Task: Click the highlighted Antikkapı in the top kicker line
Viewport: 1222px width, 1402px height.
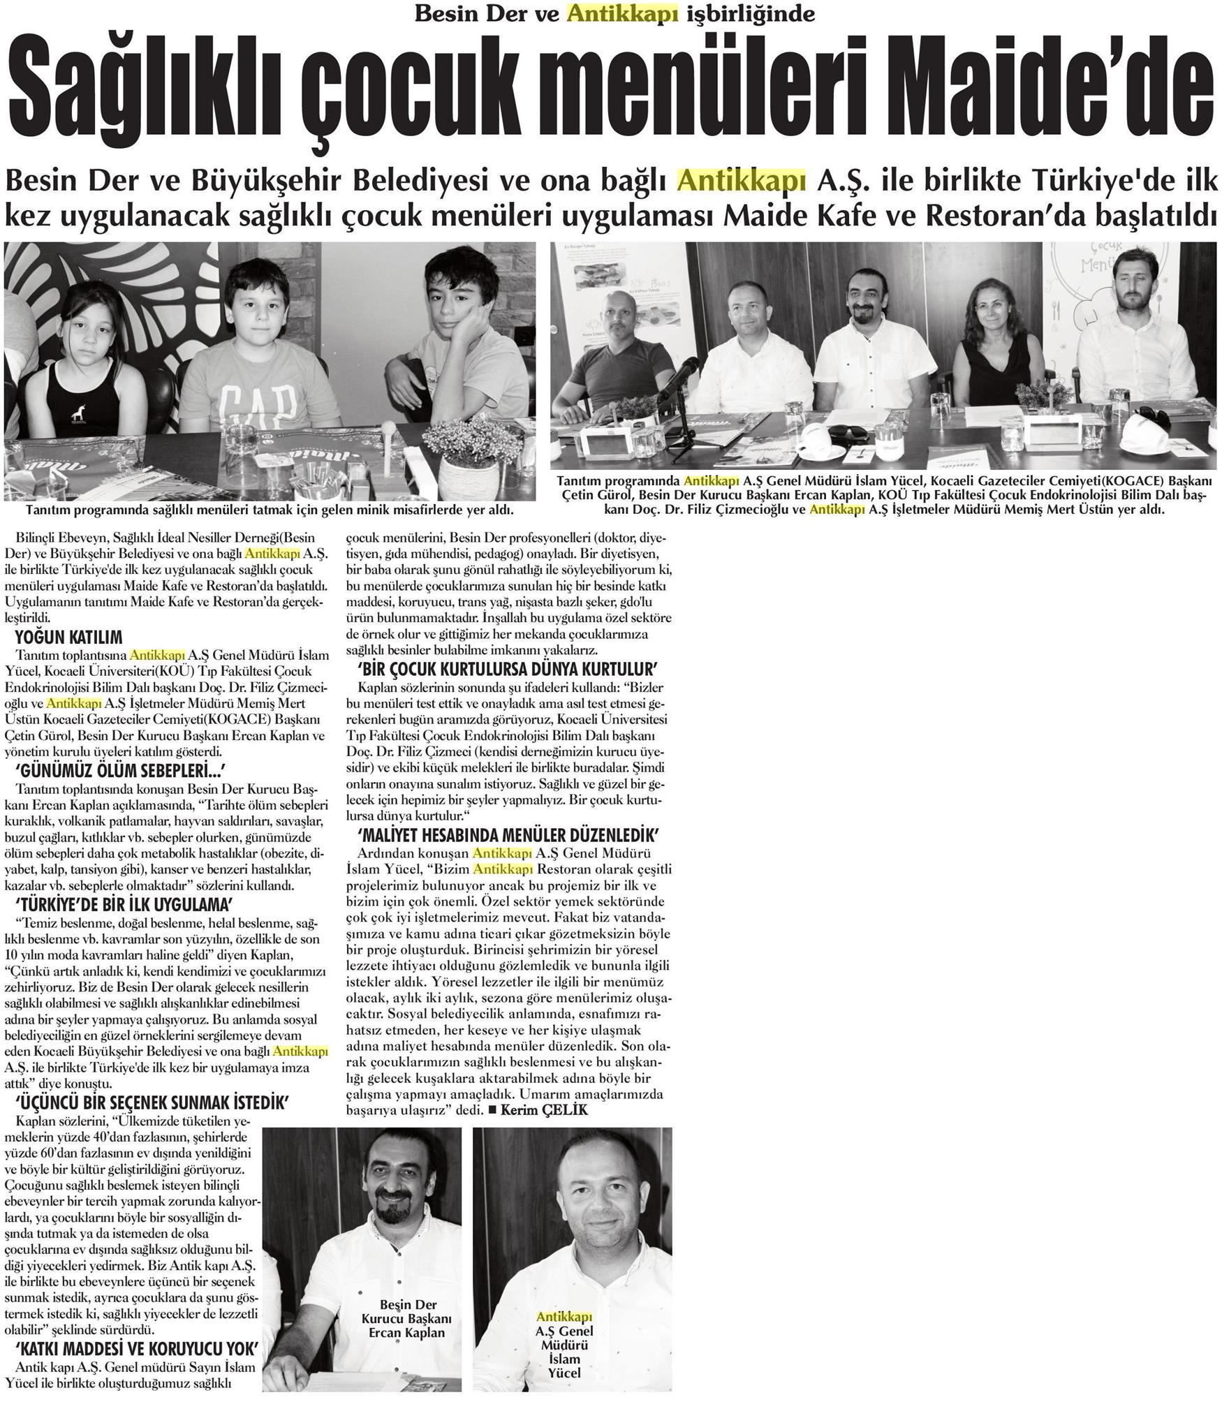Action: pos(623,13)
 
